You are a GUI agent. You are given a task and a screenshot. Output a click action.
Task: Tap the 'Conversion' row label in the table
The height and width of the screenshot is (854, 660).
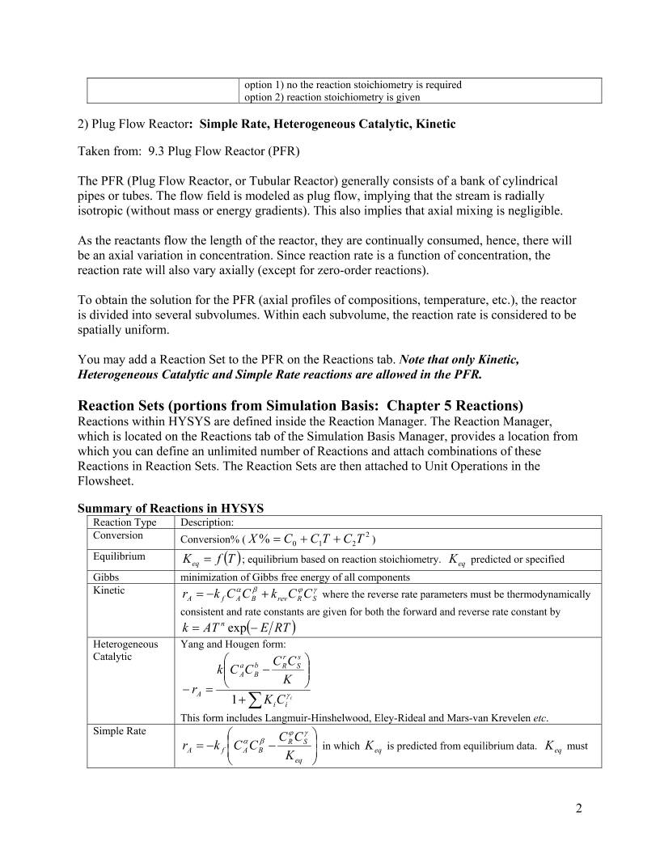117,535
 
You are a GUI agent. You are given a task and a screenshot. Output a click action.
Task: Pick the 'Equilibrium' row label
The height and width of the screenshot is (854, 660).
119,556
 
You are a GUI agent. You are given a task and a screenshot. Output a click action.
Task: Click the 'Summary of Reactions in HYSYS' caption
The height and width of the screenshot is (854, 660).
171,508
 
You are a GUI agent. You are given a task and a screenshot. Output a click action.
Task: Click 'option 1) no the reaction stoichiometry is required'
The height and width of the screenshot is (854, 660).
353,84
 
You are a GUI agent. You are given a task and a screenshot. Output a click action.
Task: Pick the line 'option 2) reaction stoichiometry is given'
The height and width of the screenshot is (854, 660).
332,97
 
